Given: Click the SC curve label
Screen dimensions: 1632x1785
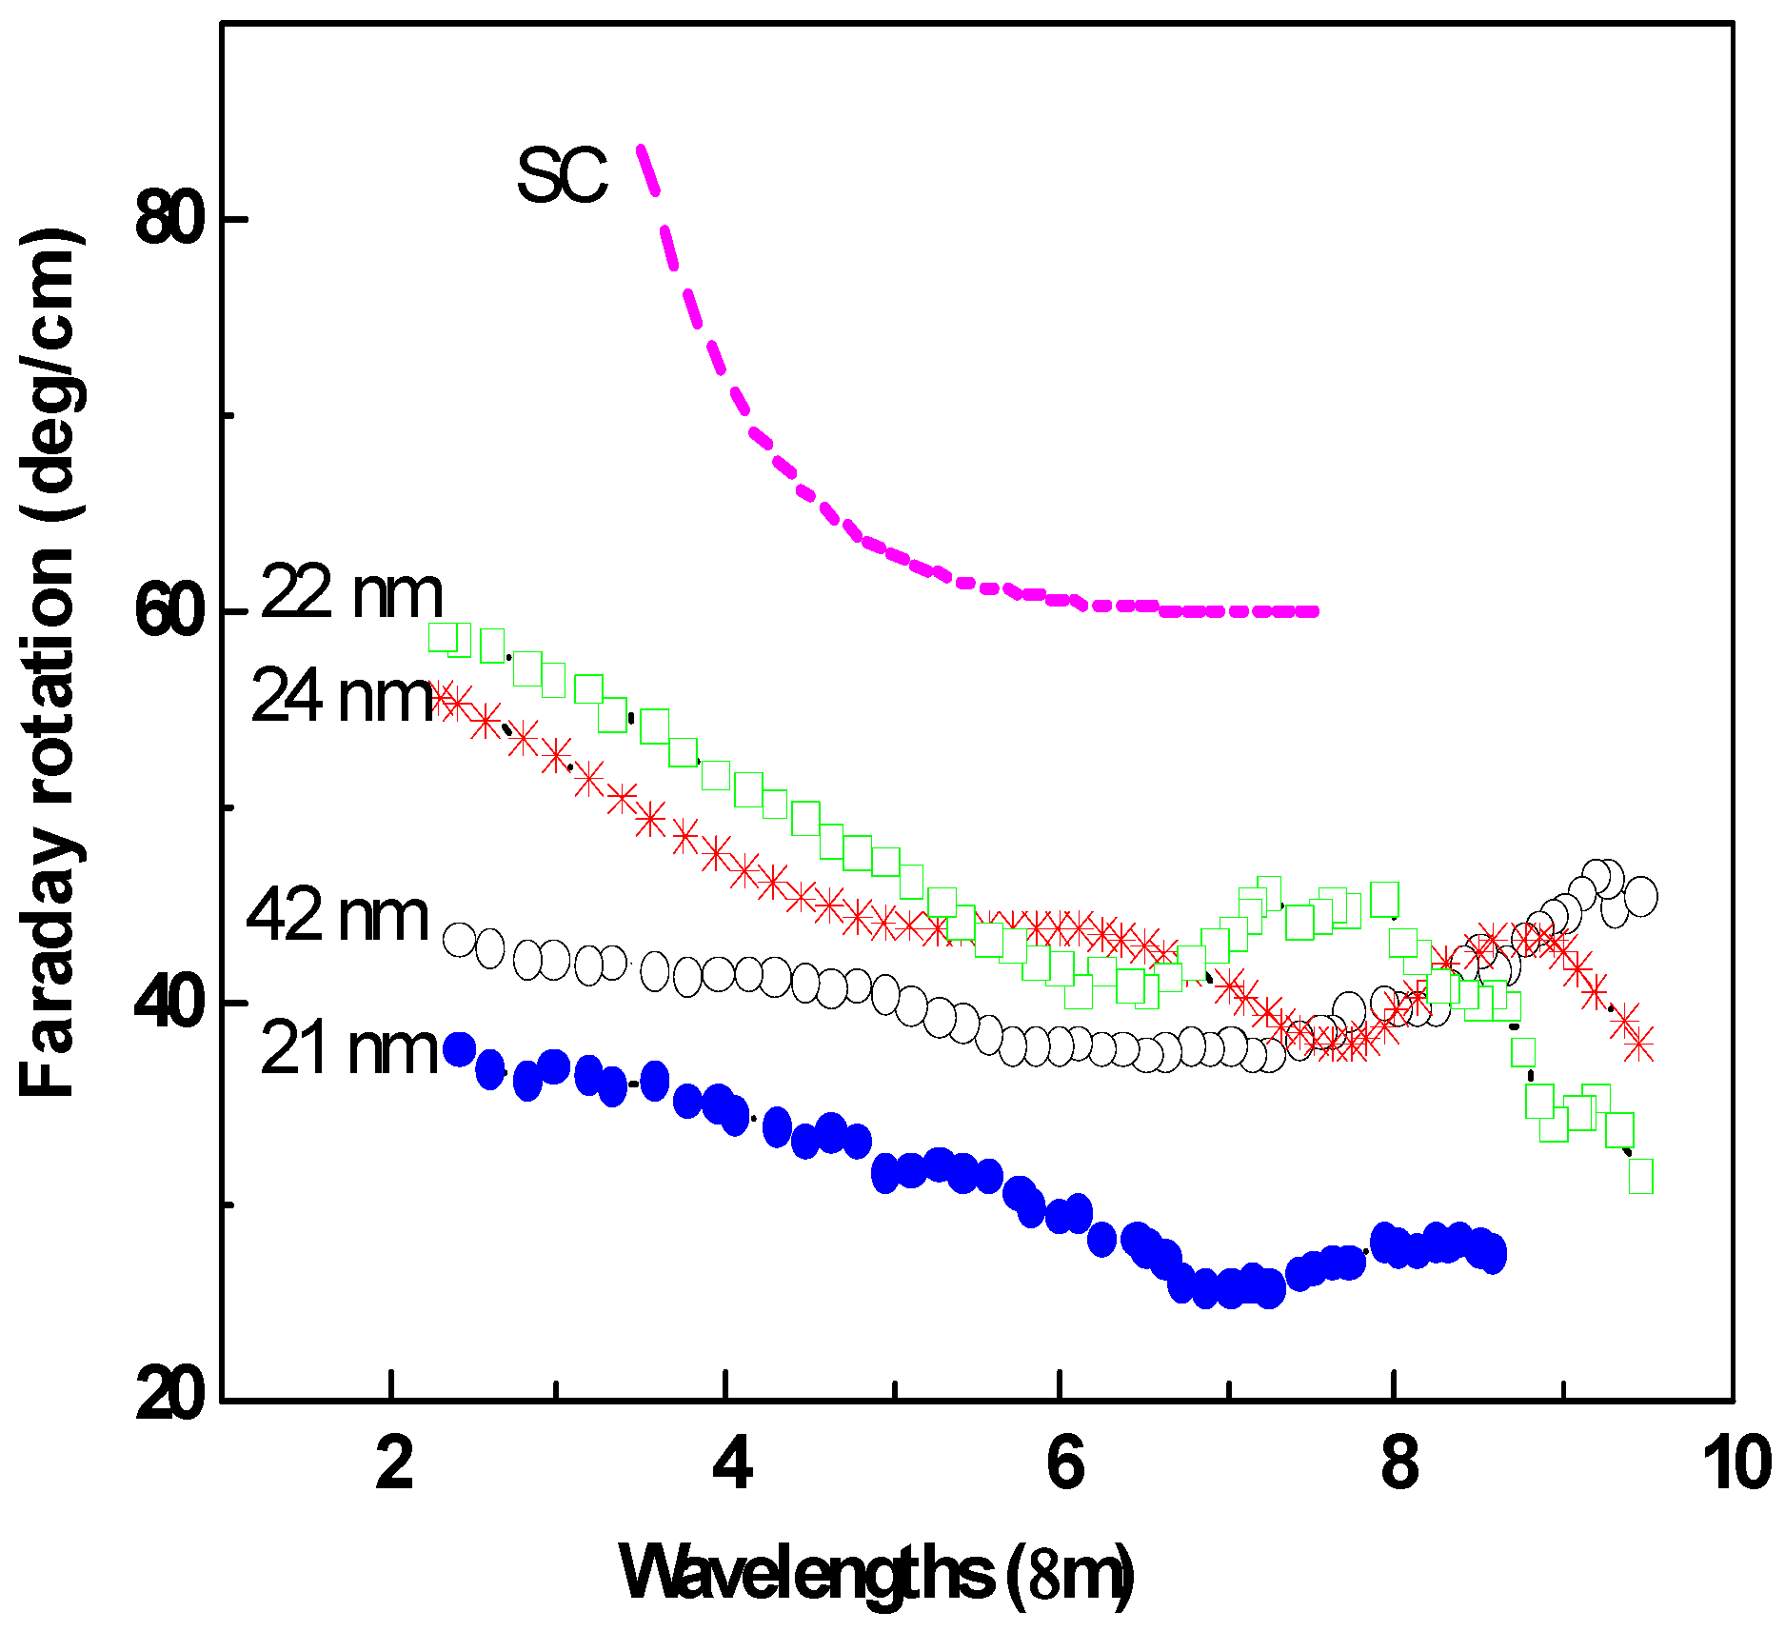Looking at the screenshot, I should click(562, 177).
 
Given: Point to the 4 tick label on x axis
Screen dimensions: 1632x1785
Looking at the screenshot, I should click(732, 1463).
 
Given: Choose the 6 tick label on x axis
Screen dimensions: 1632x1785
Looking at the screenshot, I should click(1064, 1463).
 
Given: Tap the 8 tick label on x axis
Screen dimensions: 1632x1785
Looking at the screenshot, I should click(1398, 1463).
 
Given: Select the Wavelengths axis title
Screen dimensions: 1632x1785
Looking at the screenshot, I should click(876, 1574).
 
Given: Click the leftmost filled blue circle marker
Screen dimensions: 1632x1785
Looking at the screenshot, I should click(460, 1049).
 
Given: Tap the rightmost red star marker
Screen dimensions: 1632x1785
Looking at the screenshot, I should click(1639, 1044).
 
